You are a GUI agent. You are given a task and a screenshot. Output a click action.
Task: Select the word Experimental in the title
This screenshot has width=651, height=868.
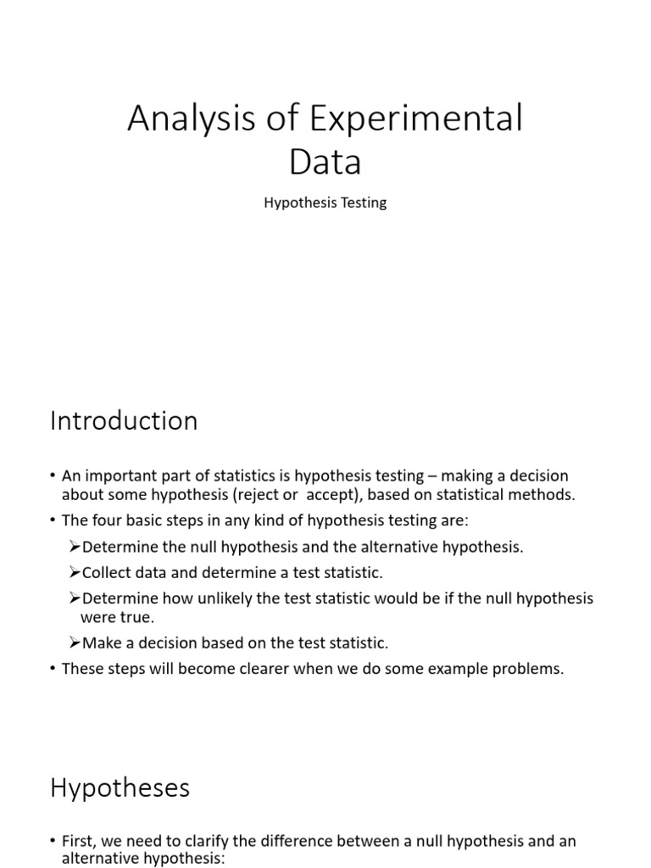point(416,120)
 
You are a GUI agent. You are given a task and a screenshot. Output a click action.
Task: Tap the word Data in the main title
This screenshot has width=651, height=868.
point(325,163)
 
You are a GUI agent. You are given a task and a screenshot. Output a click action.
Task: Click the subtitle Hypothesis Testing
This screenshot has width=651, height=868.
point(325,203)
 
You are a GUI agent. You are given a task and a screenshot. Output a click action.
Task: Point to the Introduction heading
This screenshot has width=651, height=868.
point(124,421)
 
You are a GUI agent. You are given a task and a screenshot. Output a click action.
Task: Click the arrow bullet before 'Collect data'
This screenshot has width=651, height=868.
point(75,573)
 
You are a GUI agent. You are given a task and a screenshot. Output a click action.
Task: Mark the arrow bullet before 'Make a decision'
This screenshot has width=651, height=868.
point(75,643)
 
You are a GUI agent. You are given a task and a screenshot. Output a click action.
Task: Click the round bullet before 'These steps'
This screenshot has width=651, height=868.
point(53,669)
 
